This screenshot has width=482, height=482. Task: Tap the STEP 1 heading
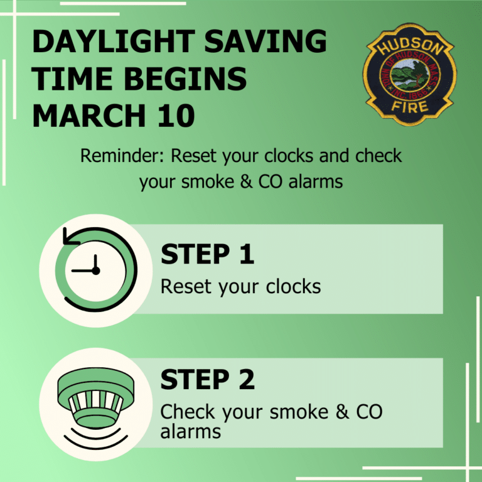tap(208, 254)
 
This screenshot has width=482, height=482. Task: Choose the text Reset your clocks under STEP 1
tap(240, 287)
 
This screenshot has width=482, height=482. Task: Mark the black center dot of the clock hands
tap(95, 270)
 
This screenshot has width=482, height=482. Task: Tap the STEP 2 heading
tap(208, 380)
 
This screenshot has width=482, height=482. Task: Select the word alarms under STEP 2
tap(190, 431)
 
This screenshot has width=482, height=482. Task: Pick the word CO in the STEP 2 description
tap(367, 412)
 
